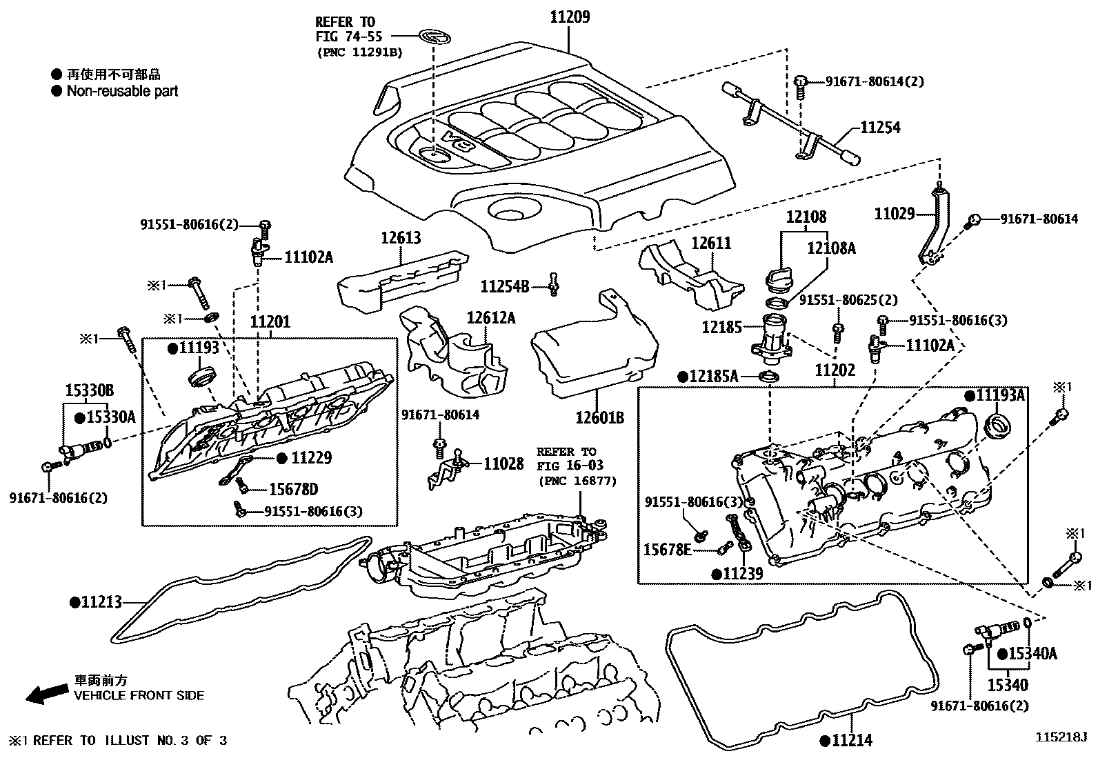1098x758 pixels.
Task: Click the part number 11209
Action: pos(570,17)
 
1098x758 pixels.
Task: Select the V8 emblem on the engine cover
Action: pos(461,140)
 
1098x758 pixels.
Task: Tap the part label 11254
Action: pos(879,128)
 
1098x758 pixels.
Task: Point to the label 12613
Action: pos(401,239)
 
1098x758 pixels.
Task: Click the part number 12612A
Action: pos(490,318)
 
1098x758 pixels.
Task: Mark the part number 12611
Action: pos(711,243)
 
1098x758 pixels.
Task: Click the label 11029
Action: pos(895,214)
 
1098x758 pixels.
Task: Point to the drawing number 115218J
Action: pos(1059,737)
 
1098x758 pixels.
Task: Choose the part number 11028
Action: pos(503,463)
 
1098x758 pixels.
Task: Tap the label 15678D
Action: pos(293,490)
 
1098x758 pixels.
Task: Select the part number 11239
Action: pos(742,573)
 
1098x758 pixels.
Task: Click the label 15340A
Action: pos(1032,653)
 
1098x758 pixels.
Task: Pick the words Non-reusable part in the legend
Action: pos(122,91)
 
